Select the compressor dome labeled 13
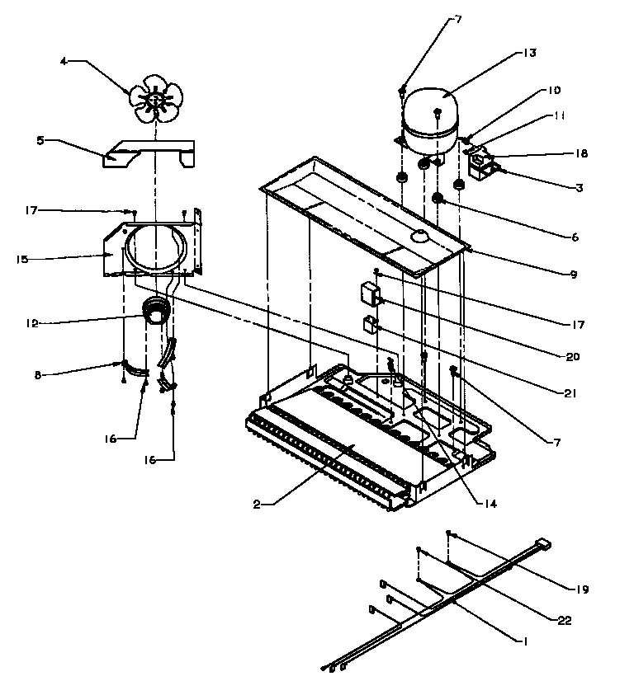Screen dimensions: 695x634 [x=430, y=115]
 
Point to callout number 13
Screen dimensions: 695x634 [x=529, y=53]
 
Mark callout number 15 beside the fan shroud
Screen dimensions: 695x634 [x=21, y=259]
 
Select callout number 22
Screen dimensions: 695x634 [x=565, y=621]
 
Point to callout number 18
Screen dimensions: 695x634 [x=581, y=153]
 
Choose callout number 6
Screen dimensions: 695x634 [x=573, y=237]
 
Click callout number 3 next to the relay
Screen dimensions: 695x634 [x=580, y=188]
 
